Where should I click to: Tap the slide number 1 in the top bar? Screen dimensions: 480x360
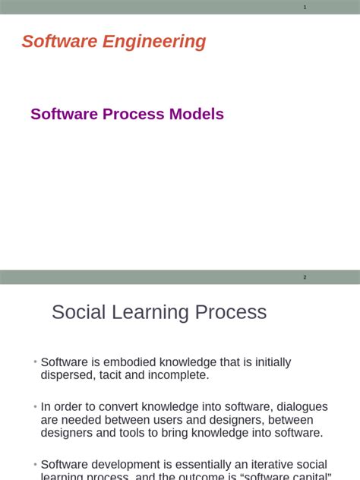(305, 7)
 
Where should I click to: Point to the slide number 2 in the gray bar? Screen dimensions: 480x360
(305, 277)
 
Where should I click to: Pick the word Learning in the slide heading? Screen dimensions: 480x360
(159, 312)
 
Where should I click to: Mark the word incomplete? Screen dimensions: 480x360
(177, 375)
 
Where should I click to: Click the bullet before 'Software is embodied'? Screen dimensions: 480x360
(35, 362)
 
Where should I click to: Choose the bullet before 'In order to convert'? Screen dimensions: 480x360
(35, 407)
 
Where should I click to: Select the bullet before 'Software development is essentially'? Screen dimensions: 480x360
(35, 464)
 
